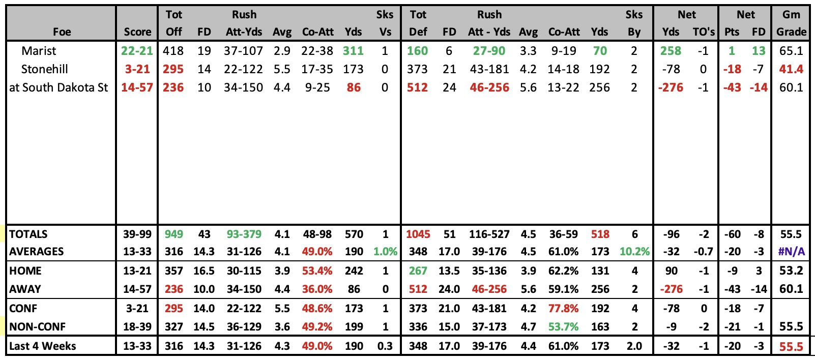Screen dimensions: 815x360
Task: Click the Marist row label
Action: click(x=39, y=50)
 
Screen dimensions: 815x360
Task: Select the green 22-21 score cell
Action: click(x=137, y=50)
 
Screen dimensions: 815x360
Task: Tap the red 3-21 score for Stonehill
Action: click(x=137, y=69)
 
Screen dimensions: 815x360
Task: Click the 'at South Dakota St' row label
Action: click(x=59, y=87)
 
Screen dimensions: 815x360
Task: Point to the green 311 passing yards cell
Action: click(x=353, y=50)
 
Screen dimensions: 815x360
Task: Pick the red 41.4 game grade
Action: click(x=791, y=69)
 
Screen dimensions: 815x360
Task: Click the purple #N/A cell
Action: click(x=791, y=252)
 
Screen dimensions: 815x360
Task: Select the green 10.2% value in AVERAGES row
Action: click(x=634, y=252)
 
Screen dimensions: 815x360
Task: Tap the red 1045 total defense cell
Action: click(x=418, y=234)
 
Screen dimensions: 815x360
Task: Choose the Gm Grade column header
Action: click(x=791, y=23)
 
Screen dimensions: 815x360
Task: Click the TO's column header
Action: click(x=704, y=32)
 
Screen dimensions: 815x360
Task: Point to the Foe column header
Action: click(x=62, y=32)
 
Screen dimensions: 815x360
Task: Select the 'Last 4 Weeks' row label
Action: click(x=43, y=346)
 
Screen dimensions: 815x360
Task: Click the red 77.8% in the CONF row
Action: click(x=563, y=308)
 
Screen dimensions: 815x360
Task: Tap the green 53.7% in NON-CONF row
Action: click(x=563, y=326)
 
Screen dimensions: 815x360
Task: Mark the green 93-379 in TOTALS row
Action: click(x=244, y=234)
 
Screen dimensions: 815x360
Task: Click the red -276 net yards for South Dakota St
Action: click(x=671, y=87)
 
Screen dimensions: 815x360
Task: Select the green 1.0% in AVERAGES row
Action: click(x=385, y=252)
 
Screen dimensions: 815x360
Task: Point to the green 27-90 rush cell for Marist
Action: click(x=489, y=50)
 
